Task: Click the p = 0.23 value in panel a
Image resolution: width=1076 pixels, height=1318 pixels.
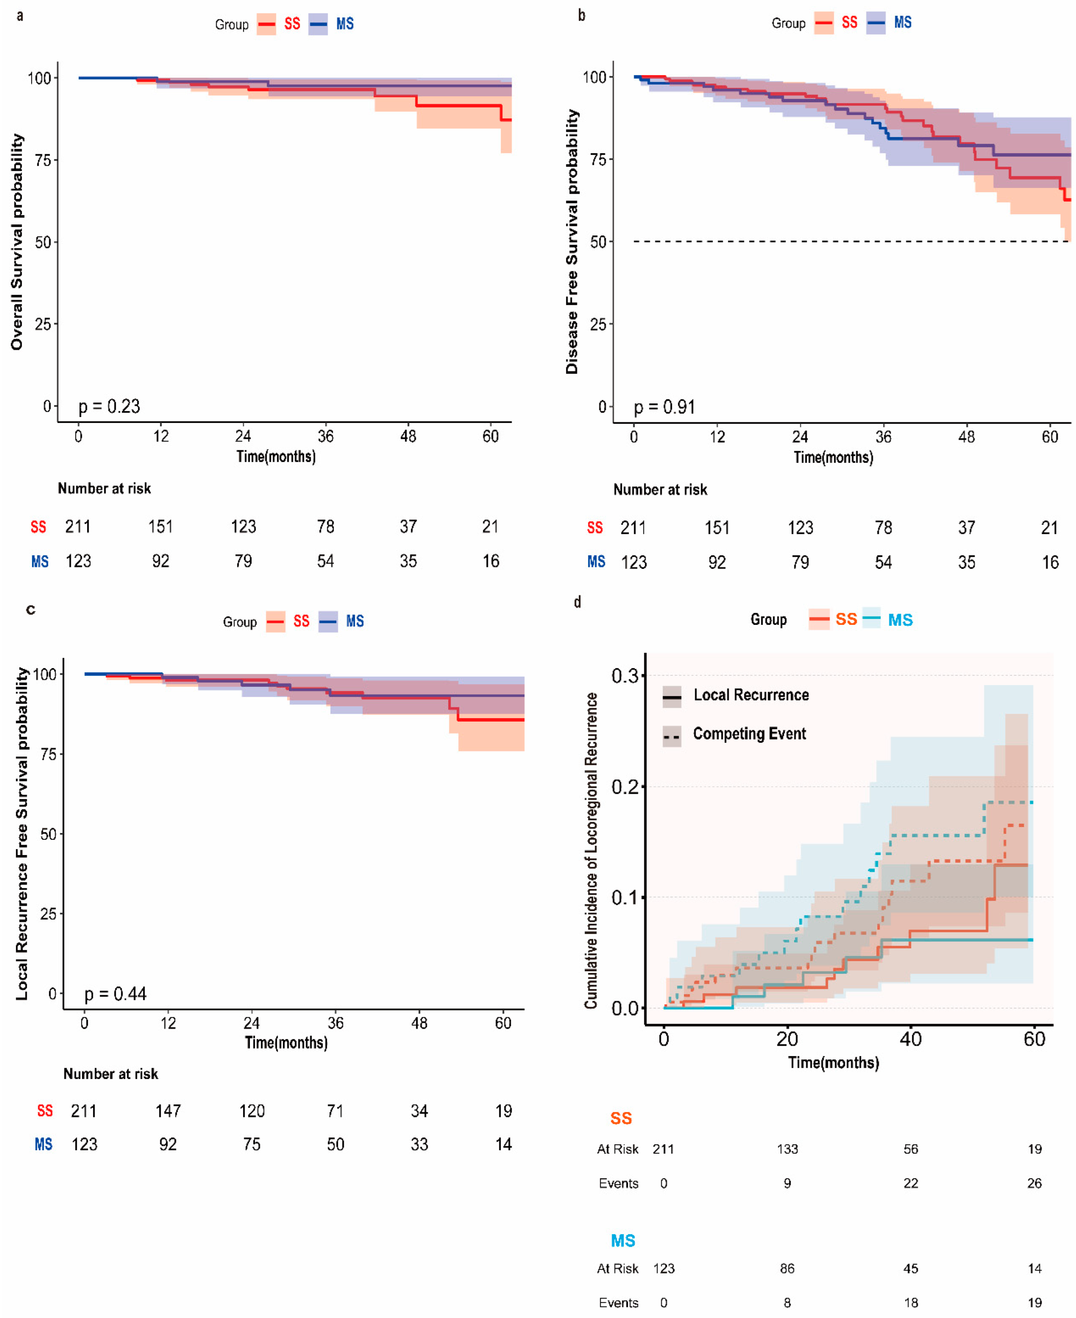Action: point(109,407)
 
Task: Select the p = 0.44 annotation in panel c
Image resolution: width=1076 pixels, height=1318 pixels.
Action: point(115,994)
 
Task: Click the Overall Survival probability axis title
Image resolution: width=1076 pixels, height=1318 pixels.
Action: point(17,242)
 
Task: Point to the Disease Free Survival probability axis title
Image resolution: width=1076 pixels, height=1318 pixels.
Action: point(571,242)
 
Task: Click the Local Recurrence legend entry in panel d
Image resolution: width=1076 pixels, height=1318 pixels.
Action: point(751,695)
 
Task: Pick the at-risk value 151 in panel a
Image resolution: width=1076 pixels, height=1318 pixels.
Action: point(161,527)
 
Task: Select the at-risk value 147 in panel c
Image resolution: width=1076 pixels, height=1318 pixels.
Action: point(168,1111)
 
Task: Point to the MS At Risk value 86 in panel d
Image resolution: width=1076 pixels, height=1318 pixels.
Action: point(787,1268)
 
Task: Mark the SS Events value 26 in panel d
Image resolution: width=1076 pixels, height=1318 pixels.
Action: point(1034,1183)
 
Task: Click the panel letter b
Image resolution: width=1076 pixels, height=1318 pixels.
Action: point(582,15)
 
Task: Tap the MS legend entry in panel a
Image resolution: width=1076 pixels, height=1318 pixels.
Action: point(345,24)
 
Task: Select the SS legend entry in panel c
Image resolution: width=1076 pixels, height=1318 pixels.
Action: point(301,621)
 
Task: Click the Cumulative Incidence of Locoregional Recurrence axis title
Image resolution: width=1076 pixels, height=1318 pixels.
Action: point(591,850)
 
